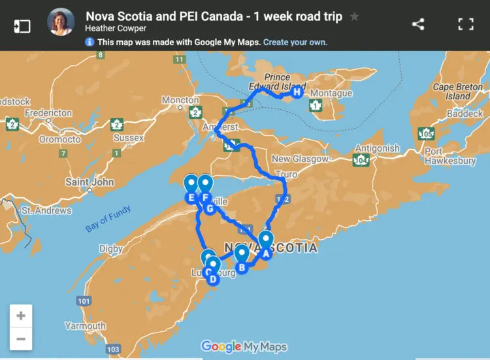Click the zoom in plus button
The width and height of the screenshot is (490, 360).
pyautogui.click(x=21, y=316)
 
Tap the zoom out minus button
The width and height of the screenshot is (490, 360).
pyautogui.click(x=21, y=338)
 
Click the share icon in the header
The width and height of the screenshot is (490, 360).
pyautogui.click(x=418, y=25)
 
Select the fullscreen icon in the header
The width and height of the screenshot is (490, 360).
pyautogui.click(x=465, y=25)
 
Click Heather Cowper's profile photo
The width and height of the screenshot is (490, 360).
pyautogui.click(x=61, y=22)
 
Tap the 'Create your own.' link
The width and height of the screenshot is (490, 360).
pyautogui.click(x=295, y=42)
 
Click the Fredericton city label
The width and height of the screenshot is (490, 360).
pyautogui.click(x=48, y=112)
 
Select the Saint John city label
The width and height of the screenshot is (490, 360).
pyautogui.click(x=90, y=182)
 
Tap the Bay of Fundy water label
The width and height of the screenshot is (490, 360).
pyautogui.click(x=108, y=219)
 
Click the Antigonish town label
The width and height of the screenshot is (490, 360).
pyautogui.click(x=377, y=148)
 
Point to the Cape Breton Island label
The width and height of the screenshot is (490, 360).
pyautogui.click(x=457, y=91)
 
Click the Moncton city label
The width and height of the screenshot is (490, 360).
pyautogui.click(x=180, y=100)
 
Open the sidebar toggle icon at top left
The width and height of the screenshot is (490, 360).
pyautogui.click(x=22, y=25)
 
